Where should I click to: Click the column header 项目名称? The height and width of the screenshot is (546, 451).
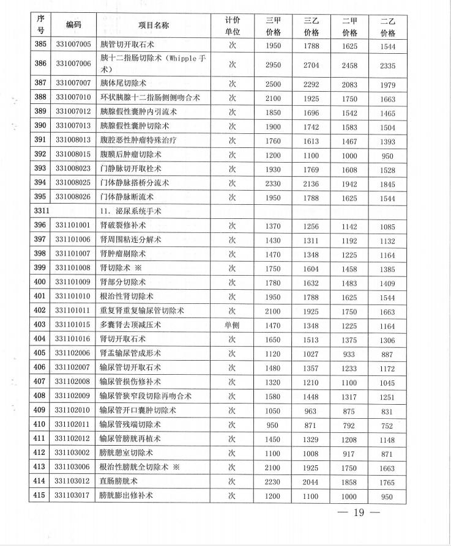pyautogui.click(x=152, y=25)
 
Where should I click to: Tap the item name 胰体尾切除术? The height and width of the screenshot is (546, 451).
pyautogui.click(x=123, y=83)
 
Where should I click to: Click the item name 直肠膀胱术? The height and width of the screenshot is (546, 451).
pyautogui.click(x=119, y=482)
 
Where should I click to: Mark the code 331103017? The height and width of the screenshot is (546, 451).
pyautogui.click(x=73, y=496)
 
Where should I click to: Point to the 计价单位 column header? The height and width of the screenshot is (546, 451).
pyautogui.click(x=232, y=25)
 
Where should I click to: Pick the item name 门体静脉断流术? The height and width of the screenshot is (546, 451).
pyautogui.click(x=127, y=197)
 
